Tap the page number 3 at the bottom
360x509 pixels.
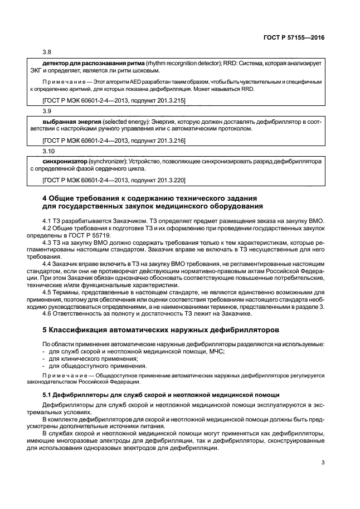[323, 462]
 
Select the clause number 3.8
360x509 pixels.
[46, 53]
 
